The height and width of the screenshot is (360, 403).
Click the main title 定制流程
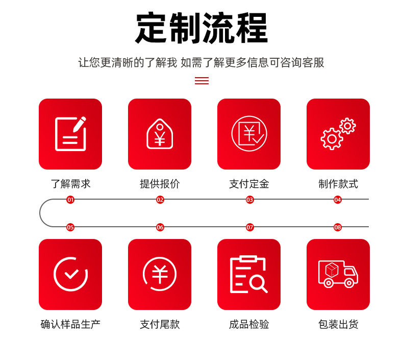202,28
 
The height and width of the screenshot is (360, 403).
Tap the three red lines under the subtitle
202,81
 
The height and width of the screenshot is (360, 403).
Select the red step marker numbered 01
70,200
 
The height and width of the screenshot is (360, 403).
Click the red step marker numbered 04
338,200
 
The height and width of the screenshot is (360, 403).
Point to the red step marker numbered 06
160,227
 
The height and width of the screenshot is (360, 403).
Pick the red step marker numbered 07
250,227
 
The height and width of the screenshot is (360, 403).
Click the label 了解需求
70,184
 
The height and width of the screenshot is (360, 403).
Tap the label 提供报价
160,184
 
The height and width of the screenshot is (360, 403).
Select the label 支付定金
249,184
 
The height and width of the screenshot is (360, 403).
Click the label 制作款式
338,184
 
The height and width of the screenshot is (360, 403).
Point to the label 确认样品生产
70,324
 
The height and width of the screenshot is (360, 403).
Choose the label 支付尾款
160,324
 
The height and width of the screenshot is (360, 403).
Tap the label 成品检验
249,324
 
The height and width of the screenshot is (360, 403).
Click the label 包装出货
338,324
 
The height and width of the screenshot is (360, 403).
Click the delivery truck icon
338,274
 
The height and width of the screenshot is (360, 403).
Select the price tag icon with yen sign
160,134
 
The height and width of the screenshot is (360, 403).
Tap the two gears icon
338,134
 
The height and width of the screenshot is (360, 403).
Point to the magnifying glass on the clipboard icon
258,283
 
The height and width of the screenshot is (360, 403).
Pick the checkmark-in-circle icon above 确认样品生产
70,274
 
